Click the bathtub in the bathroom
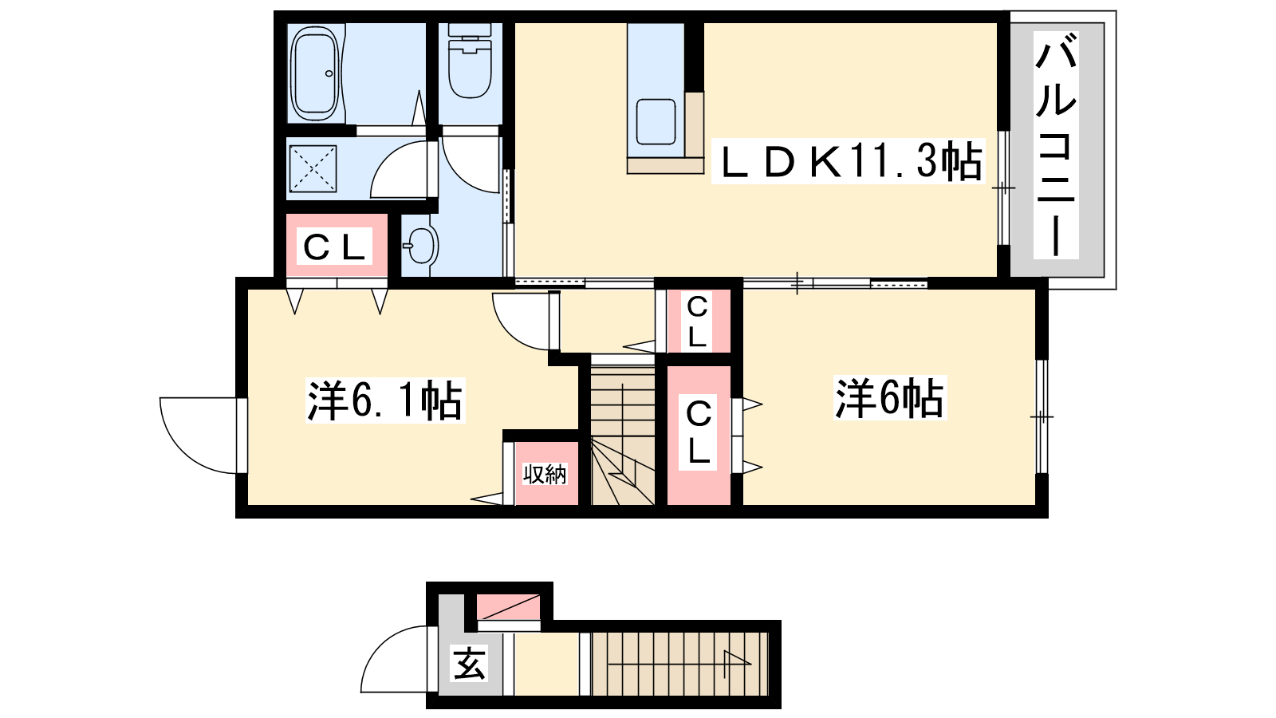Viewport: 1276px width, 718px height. pos(314,73)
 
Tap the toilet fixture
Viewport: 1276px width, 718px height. pos(470,61)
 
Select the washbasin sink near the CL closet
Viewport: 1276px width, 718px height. pos(420,245)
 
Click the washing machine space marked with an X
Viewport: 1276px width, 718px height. pos(313,168)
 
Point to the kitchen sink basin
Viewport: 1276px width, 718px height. pos(656,121)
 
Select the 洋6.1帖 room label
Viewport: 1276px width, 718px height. pos(385,400)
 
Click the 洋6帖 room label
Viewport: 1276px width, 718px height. pos(890,398)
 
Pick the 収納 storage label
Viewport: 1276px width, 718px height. pos(545,474)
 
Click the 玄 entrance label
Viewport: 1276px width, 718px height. pos(470,663)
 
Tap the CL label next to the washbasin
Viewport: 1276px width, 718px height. pos(334,247)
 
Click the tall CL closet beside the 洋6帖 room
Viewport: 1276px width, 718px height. pos(699,435)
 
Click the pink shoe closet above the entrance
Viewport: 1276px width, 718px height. pos(508,607)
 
